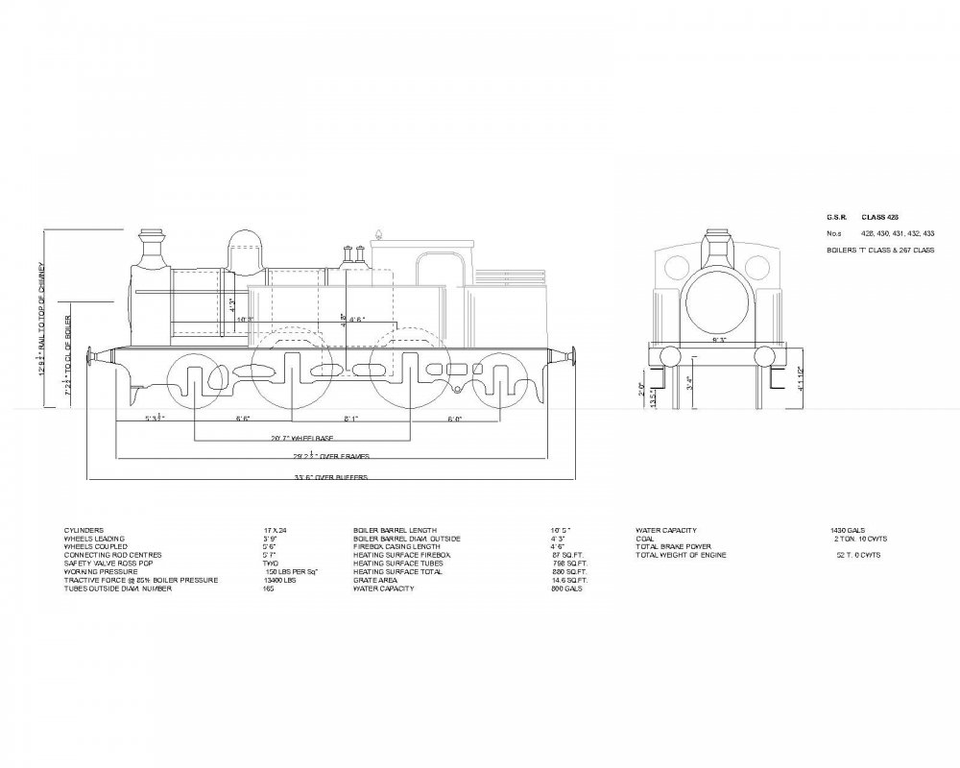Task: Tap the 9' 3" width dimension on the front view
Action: pos(717,340)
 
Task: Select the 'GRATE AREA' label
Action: pos(374,580)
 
